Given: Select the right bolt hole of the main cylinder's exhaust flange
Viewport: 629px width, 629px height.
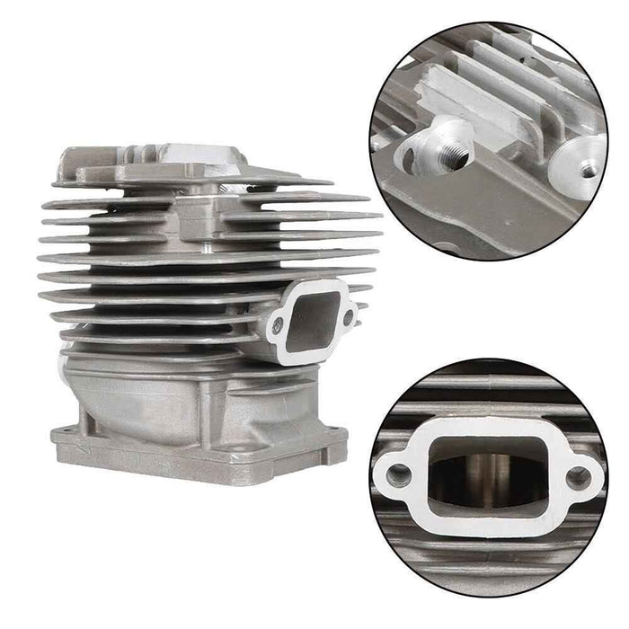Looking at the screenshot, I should (349, 316).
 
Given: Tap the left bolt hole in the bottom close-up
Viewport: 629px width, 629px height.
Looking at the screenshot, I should (394, 473).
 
